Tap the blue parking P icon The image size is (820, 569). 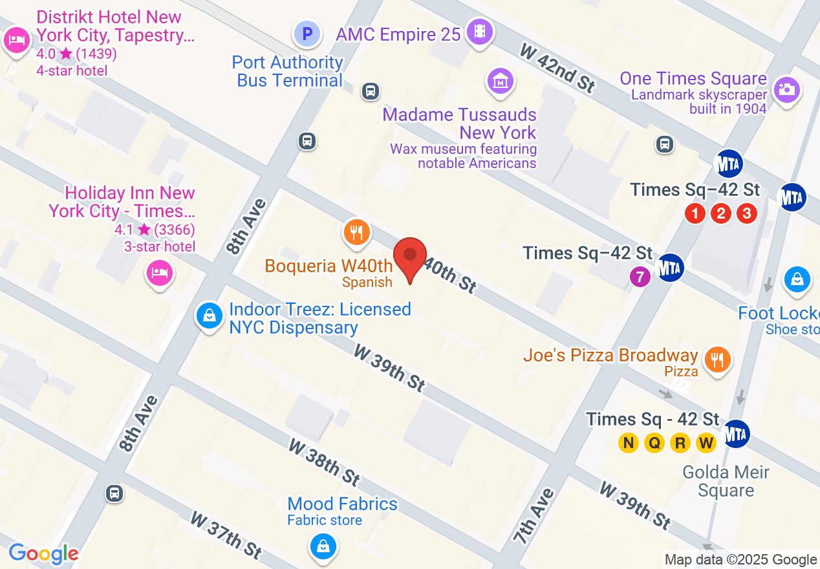pyautogui.click(x=307, y=33)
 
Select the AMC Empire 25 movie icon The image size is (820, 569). pyautogui.click(x=479, y=31)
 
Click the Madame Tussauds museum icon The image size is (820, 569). pyautogui.click(x=500, y=81)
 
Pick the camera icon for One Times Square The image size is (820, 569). pyautogui.click(x=786, y=89)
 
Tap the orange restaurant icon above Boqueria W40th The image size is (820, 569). pyautogui.click(x=356, y=232)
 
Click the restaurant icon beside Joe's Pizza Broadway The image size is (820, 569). pyautogui.click(x=717, y=360)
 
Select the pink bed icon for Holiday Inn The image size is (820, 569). pyautogui.click(x=158, y=273)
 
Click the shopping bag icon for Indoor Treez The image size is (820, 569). pyautogui.click(x=210, y=316)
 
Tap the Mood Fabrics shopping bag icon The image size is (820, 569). pyautogui.click(x=322, y=546)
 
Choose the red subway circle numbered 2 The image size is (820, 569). pyautogui.click(x=721, y=213)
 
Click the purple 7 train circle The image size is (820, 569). pyautogui.click(x=640, y=277)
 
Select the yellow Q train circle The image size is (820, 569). pyautogui.click(x=654, y=443)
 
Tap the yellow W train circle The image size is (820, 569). pyautogui.click(x=706, y=443)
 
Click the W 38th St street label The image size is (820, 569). pyautogui.click(x=324, y=462)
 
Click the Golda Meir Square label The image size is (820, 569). pyautogui.click(x=726, y=481)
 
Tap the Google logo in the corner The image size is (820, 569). pyautogui.click(x=43, y=553)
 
